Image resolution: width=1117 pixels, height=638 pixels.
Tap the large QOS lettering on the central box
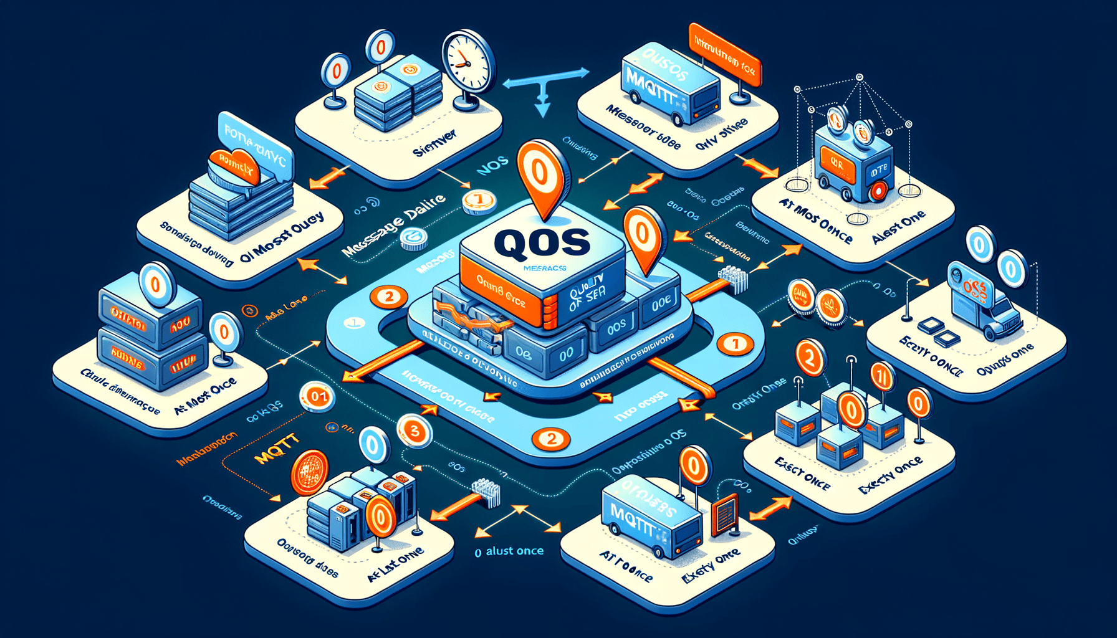(x=541, y=242)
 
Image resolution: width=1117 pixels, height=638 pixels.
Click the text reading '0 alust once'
(x=509, y=551)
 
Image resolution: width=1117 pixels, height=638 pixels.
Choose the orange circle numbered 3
(x=415, y=431)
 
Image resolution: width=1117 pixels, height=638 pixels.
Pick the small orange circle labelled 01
(x=317, y=396)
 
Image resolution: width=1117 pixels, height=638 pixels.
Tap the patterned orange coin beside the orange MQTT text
(x=310, y=472)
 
